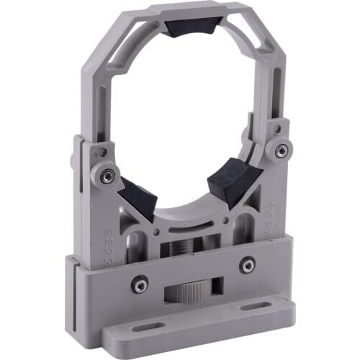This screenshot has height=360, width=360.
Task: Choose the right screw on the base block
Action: coord(247,266)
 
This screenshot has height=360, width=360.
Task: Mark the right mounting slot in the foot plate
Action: coord(251,307)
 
